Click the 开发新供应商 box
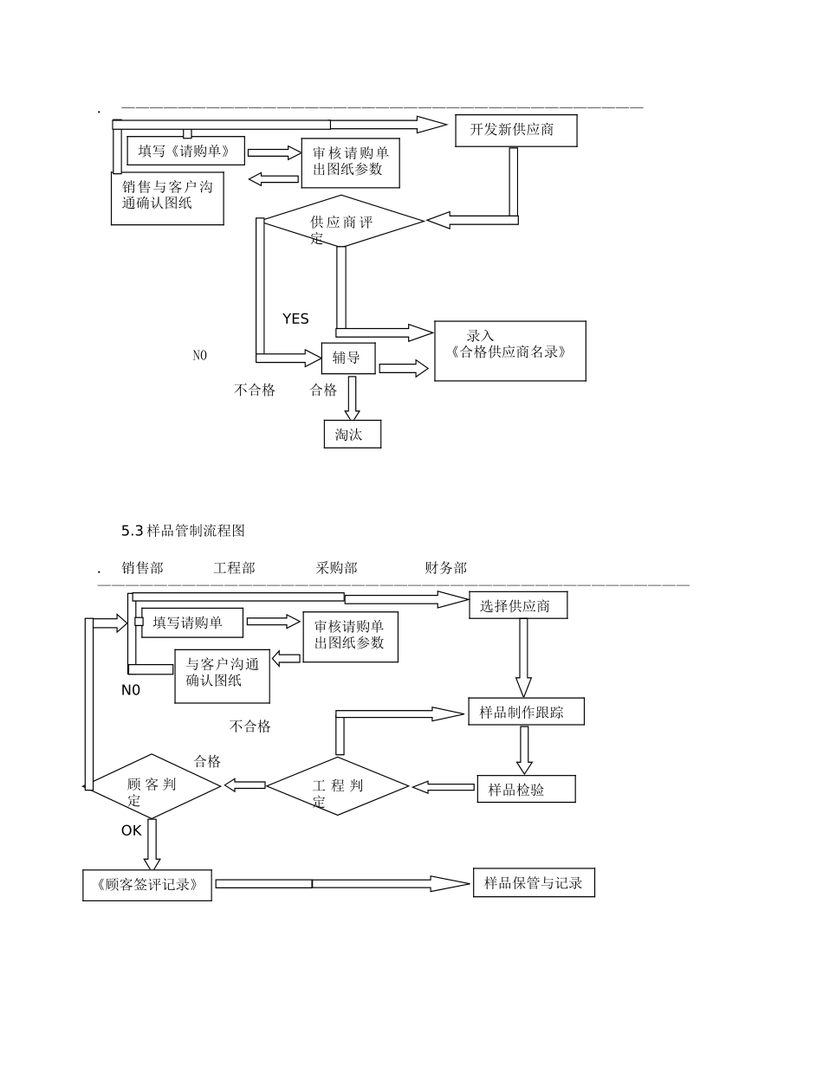point(515,130)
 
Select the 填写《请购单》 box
point(185,151)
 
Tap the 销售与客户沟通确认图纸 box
point(167,197)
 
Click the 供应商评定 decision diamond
point(343,222)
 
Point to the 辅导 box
point(347,357)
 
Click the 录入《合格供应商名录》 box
point(509,351)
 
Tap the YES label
point(295,319)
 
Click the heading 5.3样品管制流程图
point(183,530)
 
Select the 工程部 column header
point(234,568)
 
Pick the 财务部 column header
point(445,568)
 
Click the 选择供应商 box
point(518,605)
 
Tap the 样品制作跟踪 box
point(525,712)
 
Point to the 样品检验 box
point(525,789)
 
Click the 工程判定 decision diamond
point(337,786)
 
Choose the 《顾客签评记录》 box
point(147,885)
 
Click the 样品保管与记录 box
point(534,882)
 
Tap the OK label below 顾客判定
point(131,830)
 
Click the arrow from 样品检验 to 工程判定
point(444,787)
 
